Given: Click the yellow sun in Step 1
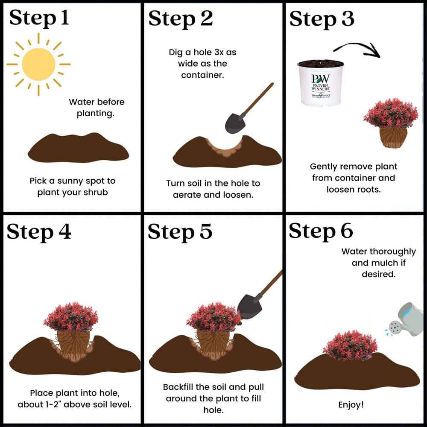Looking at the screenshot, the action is click(x=38, y=64).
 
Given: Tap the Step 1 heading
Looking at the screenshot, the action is click(x=39, y=18).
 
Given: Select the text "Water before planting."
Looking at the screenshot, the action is click(x=97, y=108).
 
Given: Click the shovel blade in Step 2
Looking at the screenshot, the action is click(x=235, y=123).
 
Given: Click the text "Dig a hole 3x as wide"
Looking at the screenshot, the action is click(x=202, y=58).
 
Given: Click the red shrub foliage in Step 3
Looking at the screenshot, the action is click(x=391, y=113).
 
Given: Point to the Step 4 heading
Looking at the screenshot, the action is click(x=39, y=232).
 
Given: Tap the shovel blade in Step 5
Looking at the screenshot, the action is click(x=249, y=307).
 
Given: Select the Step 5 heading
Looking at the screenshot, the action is click(x=180, y=232).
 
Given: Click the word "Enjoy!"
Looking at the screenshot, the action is click(x=351, y=404).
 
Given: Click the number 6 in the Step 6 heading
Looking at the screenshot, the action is click(x=347, y=231).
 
